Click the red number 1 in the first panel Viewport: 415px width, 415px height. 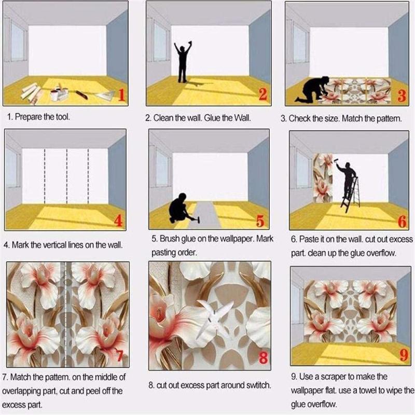coord(121,95)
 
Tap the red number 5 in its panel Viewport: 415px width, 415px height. coord(260,221)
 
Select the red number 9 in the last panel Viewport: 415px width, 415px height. coord(404,355)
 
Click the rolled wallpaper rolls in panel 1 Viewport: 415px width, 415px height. coord(31,93)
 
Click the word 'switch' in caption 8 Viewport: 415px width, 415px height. coord(258,385)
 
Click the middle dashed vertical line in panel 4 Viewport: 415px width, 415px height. coord(67,176)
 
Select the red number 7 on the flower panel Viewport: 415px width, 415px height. coord(119,355)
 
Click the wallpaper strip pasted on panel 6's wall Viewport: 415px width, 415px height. coord(323,178)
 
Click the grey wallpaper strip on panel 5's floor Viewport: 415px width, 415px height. coord(204,215)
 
